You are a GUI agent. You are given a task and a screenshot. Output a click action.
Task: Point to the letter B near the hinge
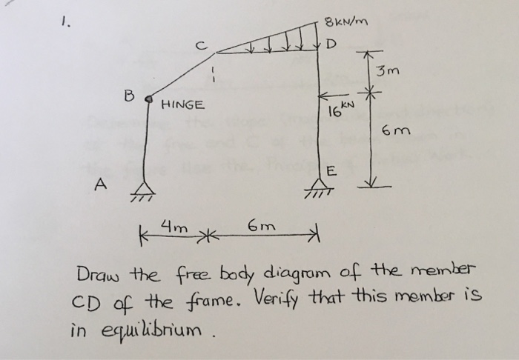coord(129,96)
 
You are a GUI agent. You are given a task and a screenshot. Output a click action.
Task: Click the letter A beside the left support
coord(99,183)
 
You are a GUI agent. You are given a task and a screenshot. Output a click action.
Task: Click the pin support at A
coord(143,192)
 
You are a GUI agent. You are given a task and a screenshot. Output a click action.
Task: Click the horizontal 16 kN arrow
coord(331,97)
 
